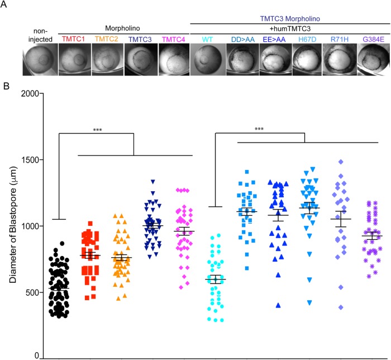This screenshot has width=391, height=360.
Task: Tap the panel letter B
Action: point(6,86)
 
